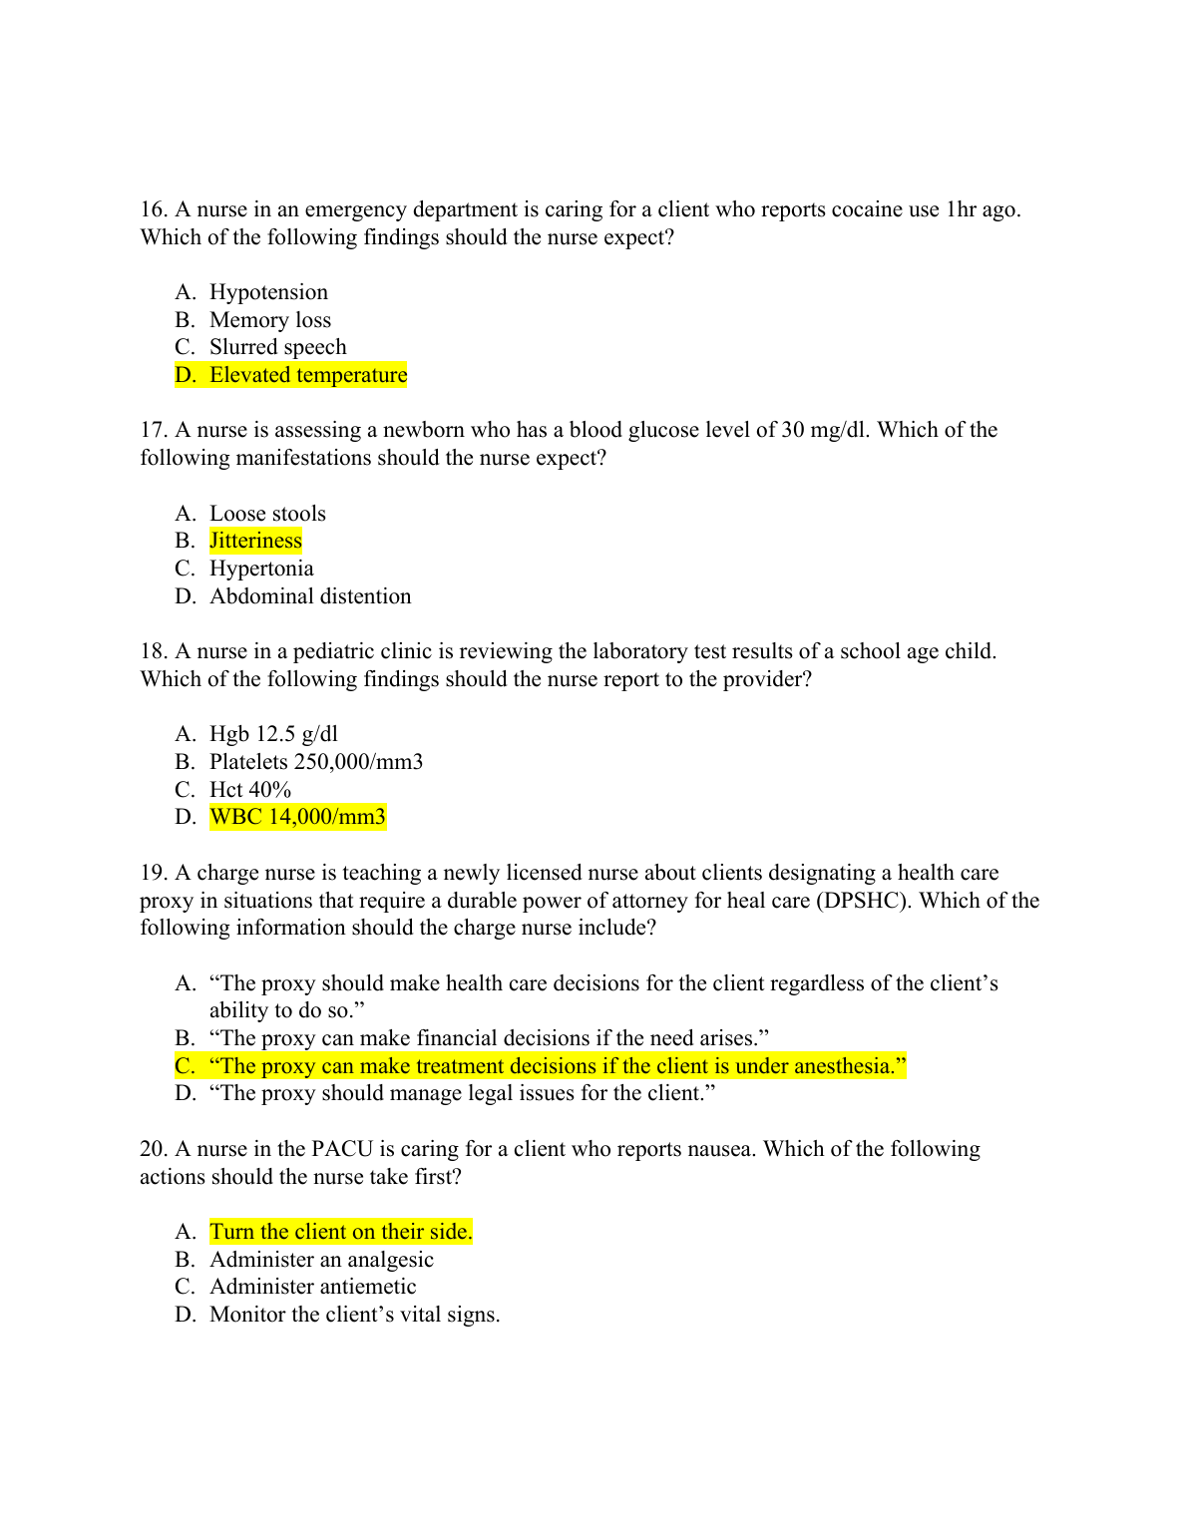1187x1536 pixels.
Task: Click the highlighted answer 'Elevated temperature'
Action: pyautogui.click(x=307, y=375)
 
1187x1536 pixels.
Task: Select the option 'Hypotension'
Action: pyautogui.click(x=268, y=292)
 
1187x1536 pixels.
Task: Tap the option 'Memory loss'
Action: pyautogui.click(x=270, y=320)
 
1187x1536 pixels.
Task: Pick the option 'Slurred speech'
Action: pyautogui.click(x=278, y=347)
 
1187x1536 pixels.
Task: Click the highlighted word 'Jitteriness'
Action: pyautogui.click(x=255, y=541)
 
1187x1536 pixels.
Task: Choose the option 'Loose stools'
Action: pyautogui.click(x=267, y=514)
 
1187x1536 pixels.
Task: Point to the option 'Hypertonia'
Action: pyautogui.click(x=261, y=569)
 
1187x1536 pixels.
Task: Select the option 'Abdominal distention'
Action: pyautogui.click(x=310, y=596)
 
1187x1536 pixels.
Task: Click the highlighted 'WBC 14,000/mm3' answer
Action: pyautogui.click(x=297, y=817)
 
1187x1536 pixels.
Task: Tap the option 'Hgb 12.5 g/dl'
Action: pyautogui.click(x=273, y=734)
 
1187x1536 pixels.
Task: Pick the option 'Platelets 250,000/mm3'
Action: pyautogui.click(x=316, y=762)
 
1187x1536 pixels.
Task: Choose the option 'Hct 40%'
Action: pyautogui.click(x=250, y=790)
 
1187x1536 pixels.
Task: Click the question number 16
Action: pyautogui.click(x=154, y=209)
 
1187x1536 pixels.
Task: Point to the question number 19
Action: pyautogui.click(x=154, y=873)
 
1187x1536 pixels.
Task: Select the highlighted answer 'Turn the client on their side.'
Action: pyautogui.click(x=341, y=1232)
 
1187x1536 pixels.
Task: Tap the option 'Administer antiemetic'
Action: pyautogui.click(x=312, y=1287)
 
